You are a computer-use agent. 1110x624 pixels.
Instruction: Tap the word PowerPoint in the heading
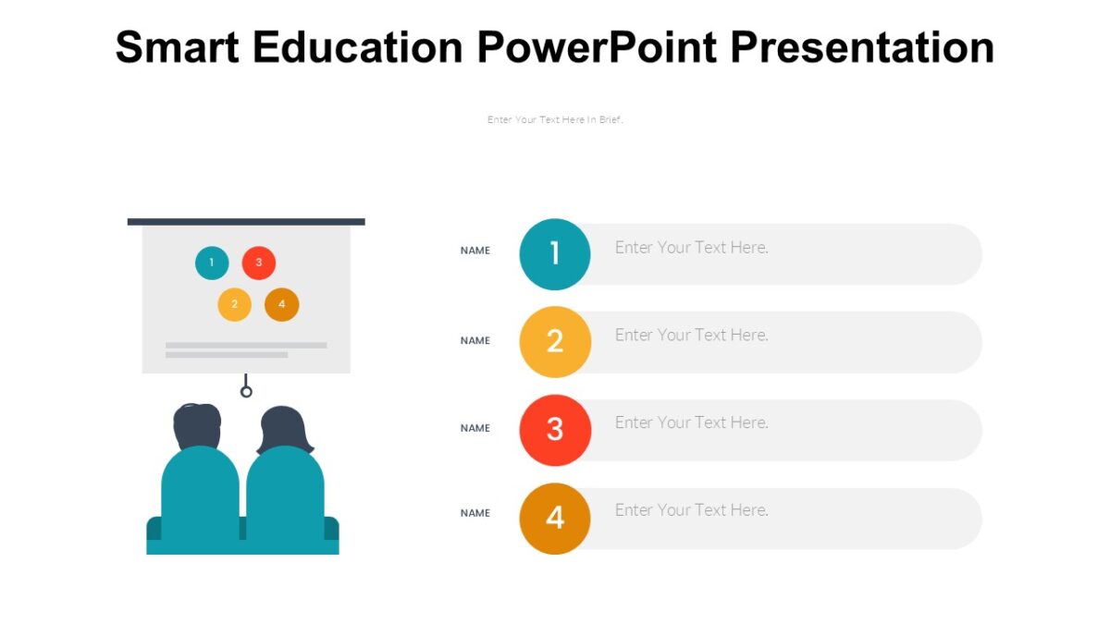pos(597,46)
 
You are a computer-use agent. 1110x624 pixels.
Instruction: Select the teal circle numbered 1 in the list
pos(555,253)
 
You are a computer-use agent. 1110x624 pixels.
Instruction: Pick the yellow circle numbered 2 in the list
pos(555,341)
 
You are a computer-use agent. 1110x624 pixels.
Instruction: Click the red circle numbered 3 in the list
pos(555,429)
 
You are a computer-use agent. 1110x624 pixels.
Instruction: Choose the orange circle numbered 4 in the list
pos(555,518)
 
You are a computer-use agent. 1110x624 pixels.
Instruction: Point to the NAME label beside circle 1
pos(475,251)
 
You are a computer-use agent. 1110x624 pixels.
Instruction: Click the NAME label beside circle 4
pos(475,513)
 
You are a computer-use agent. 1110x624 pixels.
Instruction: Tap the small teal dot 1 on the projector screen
pos(212,263)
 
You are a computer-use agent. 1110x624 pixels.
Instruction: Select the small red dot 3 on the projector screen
pos(259,263)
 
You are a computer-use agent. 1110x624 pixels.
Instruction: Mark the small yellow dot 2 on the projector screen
pos(235,304)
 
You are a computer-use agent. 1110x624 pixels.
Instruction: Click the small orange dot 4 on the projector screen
pos(281,304)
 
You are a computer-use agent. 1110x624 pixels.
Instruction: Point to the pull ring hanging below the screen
pos(246,391)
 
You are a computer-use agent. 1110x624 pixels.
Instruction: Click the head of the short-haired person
pos(198,426)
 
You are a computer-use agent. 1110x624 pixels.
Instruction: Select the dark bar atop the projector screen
pos(246,222)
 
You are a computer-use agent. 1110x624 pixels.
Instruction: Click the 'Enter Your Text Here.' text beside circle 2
pos(692,335)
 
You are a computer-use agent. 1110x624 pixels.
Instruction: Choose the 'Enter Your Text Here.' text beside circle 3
pos(692,422)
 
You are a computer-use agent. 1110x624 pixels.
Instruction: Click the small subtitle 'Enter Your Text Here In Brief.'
pos(555,120)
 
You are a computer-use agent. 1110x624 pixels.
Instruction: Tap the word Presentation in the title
pos(862,46)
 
